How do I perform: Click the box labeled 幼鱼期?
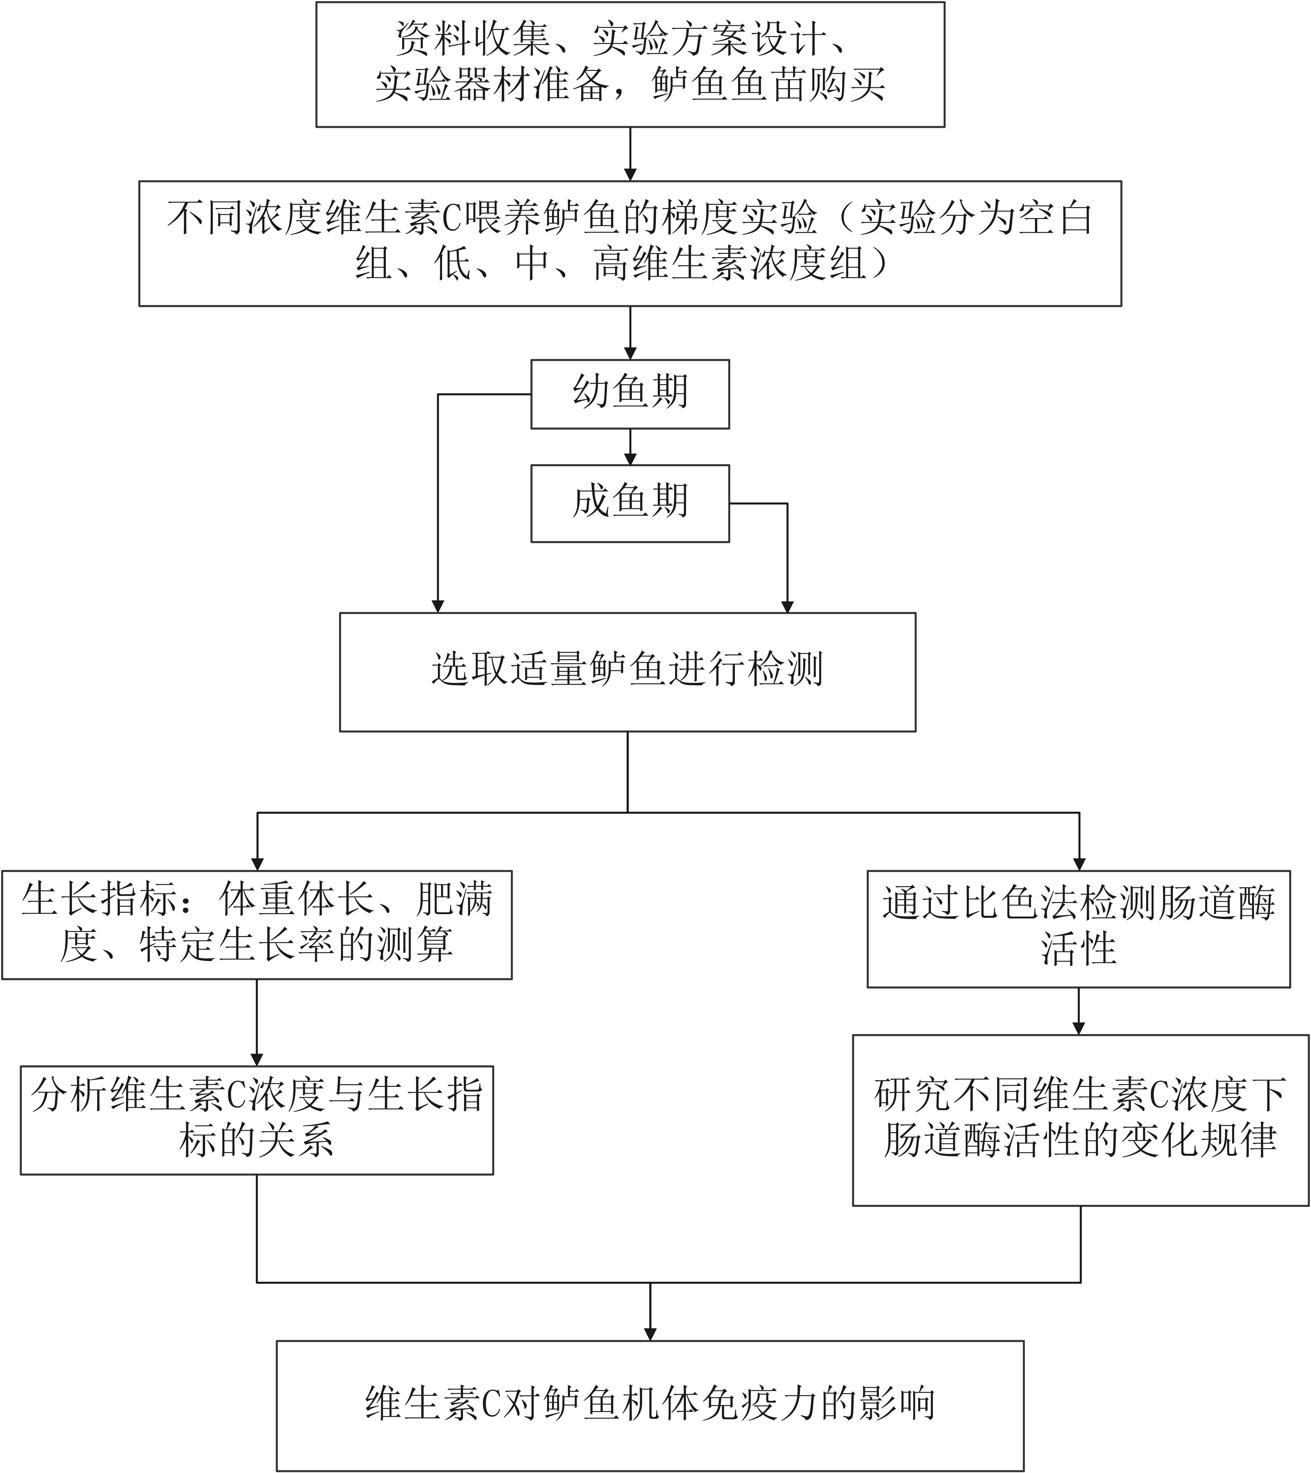[x=630, y=393]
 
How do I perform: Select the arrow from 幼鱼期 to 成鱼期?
[x=630, y=447]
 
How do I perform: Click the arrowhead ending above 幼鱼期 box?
[x=630, y=353]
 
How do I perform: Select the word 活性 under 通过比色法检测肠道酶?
[x=1078, y=948]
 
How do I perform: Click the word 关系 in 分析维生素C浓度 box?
[x=296, y=1141]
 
